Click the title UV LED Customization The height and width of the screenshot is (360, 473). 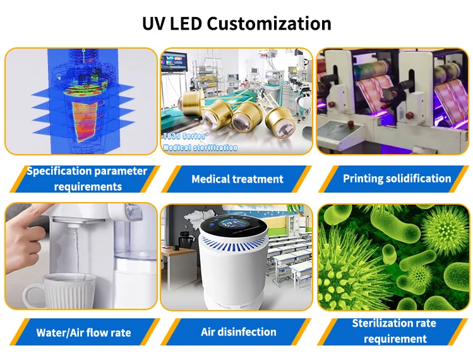(x=236, y=23)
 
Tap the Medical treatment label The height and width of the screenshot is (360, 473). (x=237, y=179)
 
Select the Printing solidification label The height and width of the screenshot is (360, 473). (x=397, y=178)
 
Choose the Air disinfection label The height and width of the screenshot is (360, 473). (x=238, y=332)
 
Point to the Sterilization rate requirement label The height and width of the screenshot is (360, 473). (x=395, y=331)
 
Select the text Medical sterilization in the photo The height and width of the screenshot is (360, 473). (x=200, y=147)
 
